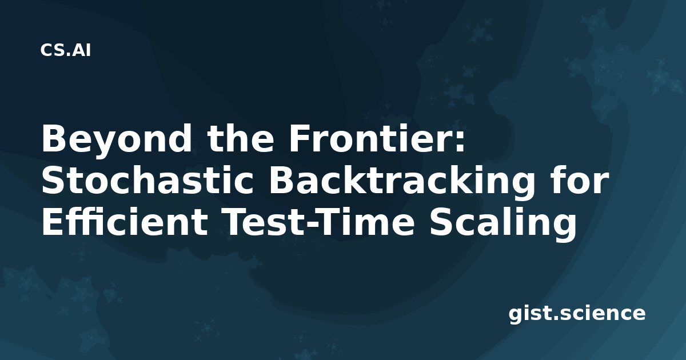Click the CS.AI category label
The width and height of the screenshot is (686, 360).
pos(66,50)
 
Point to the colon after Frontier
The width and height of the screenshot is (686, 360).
pos(460,142)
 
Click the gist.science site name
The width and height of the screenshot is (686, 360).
pos(577,313)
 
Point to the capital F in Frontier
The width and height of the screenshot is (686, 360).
pos(300,138)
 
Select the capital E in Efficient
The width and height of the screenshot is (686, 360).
pos(53,222)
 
